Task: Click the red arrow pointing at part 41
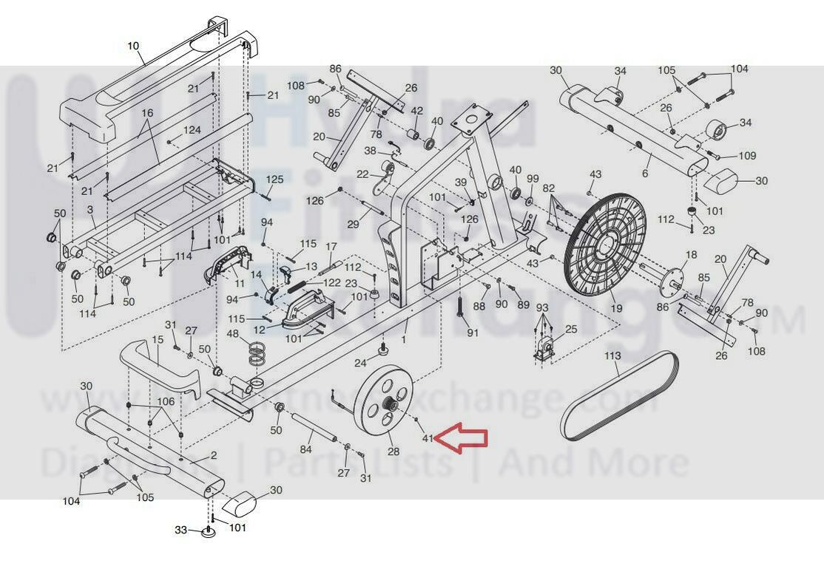pyautogui.click(x=462, y=437)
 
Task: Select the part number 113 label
pyautogui.click(x=612, y=355)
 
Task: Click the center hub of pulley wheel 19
pyautogui.click(x=609, y=241)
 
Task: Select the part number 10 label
pyautogui.click(x=133, y=46)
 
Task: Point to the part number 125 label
pyautogui.click(x=274, y=180)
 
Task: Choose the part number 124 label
pyautogui.click(x=192, y=131)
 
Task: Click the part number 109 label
pyautogui.click(x=747, y=156)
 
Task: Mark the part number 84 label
pyautogui.click(x=305, y=448)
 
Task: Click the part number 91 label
pyautogui.click(x=473, y=333)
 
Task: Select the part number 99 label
pyautogui.click(x=533, y=179)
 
